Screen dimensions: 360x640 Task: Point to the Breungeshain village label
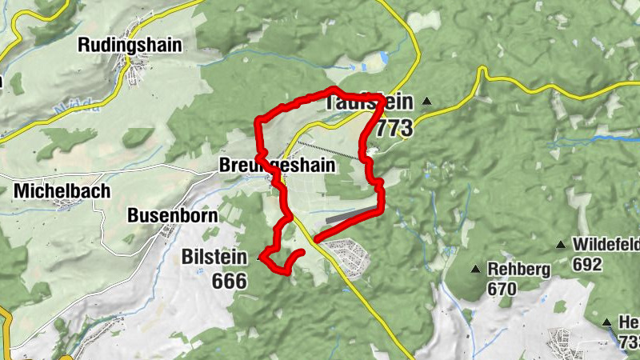pyautogui.click(x=287, y=166)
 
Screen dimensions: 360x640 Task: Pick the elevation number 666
pyautogui.click(x=230, y=281)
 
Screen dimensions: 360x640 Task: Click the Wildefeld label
pyautogui.click(x=606, y=244)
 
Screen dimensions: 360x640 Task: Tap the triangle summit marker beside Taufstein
pyautogui.click(x=427, y=101)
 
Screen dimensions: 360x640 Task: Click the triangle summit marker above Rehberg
pyautogui.click(x=476, y=269)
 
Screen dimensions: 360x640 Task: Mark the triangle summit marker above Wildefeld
pyautogui.click(x=561, y=244)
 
